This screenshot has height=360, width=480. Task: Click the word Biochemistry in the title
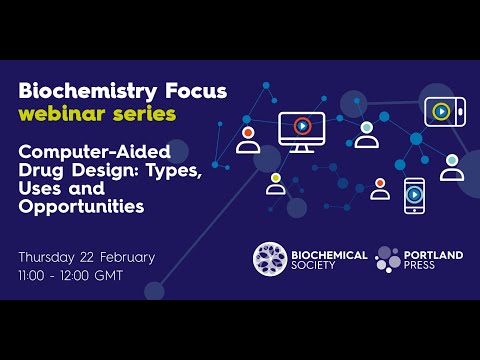(x=79, y=91)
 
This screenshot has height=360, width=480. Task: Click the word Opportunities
(x=81, y=207)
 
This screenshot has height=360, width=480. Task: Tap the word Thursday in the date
(x=52, y=257)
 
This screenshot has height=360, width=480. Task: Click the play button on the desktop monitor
(x=302, y=126)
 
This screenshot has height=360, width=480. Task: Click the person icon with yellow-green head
(x=275, y=183)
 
